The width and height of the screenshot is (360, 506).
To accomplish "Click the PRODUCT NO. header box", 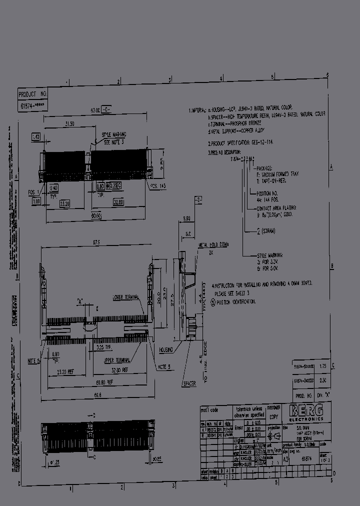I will (32, 93).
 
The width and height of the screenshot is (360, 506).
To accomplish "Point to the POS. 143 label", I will (156, 186).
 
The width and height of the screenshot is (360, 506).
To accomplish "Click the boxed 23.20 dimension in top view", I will (64, 204).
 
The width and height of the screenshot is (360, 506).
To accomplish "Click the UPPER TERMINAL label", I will (117, 359).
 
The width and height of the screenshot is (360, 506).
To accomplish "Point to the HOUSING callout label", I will (166, 350).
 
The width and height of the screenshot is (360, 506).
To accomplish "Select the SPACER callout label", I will (189, 383).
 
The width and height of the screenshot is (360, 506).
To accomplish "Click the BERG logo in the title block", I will (306, 411).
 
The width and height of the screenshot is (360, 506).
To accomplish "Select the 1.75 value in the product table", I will (322, 367).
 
